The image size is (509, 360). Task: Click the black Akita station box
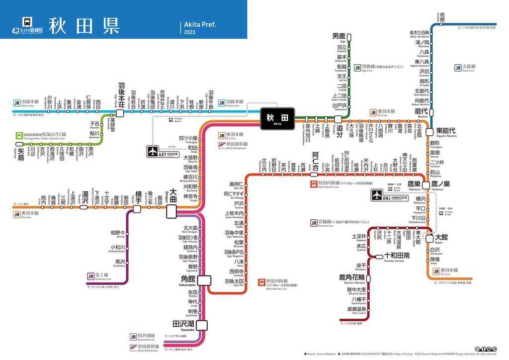point(277,118)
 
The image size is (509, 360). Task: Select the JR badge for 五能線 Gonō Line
point(458,68)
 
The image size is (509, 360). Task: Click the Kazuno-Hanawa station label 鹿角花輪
point(352,276)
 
